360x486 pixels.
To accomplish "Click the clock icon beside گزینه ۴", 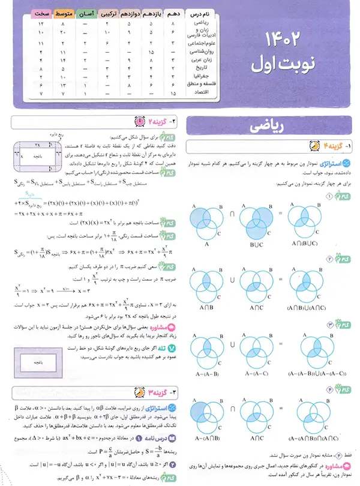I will coord(313,145).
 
